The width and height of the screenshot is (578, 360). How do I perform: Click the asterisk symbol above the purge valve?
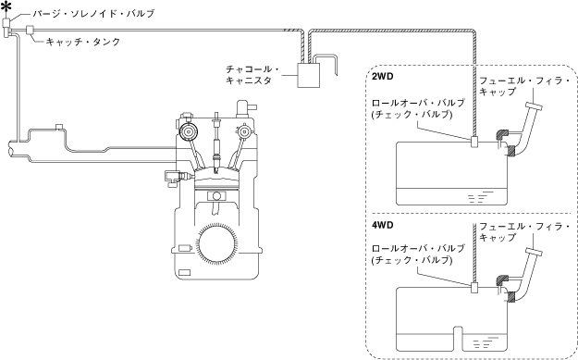[x=6, y=8]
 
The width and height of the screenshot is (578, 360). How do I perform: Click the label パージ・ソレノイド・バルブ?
[x=93, y=14]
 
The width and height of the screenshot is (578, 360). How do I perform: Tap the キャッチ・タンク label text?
[x=83, y=42]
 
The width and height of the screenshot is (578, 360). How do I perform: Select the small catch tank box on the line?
[x=31, y=30]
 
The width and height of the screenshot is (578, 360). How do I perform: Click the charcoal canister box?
[x=309, y=75]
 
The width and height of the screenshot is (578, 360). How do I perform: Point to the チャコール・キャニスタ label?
[x=252, y=75]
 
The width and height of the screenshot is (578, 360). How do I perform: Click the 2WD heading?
[x=382, y=77]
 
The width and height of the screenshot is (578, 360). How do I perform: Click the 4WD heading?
[x=382, y=225]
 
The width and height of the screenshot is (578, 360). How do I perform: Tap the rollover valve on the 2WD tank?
[x=474, y=142]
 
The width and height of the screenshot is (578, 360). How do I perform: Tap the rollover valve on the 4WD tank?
[x=474, y=287]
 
